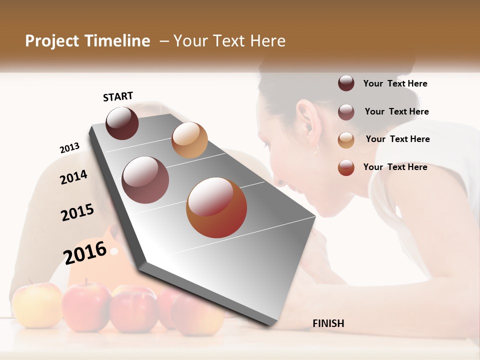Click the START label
pos(118,96)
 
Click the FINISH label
pos(328,323)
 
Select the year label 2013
pos(69,148)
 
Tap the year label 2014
pos(73,177)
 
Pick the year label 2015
pos(77,212)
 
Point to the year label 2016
pos(85,252)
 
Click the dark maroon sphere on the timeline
pos(122,123)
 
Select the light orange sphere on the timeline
pos(189,140)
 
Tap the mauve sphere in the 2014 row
pos(145,180)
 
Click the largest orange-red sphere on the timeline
pos(216,207)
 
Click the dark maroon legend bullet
pos(346,83)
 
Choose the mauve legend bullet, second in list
pos(346,112)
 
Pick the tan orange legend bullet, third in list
pos(346,140)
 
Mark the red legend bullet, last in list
pos(346,167)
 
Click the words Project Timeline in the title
pos(87,41)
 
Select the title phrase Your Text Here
pos(229,41)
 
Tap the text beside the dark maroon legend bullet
pos(395,83)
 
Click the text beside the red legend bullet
pos(395,167)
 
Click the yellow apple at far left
pos(36,305)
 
